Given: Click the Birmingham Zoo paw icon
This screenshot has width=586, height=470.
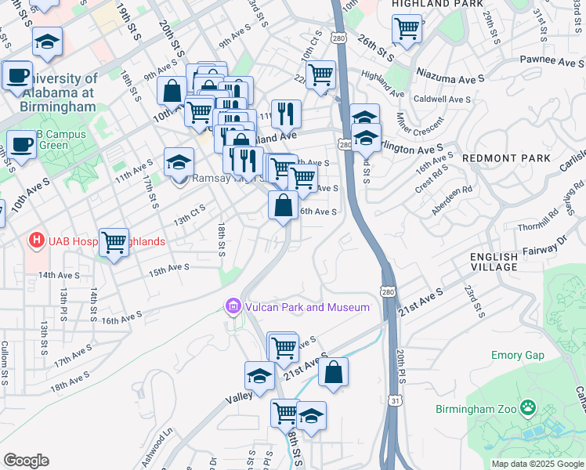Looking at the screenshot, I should point(529,407).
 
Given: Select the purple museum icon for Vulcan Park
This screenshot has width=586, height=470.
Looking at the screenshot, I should point(233,306).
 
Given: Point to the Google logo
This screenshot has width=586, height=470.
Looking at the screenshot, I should point(26,461).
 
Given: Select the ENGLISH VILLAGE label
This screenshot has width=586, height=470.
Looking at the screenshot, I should point(494,262).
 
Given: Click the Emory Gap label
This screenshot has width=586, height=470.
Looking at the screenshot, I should point(517,355).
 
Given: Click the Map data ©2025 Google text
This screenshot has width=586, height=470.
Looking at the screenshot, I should point(537,464).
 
